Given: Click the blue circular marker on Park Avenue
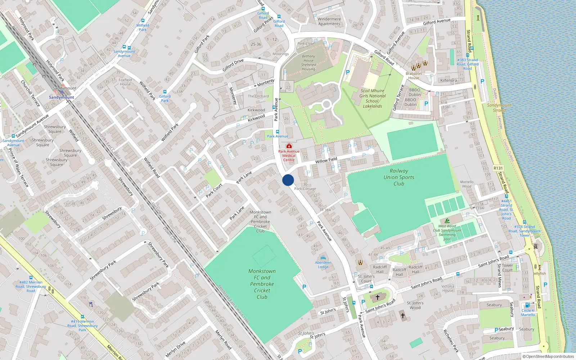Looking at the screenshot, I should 288,180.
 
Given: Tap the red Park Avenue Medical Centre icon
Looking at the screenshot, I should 289,146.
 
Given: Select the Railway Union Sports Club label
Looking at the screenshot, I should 399,177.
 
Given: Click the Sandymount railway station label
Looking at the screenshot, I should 62,97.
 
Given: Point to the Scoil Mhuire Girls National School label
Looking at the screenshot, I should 372,98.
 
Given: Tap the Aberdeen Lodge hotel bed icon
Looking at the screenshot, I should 323,258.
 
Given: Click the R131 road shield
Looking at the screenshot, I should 498,168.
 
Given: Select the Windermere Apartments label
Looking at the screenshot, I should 329,21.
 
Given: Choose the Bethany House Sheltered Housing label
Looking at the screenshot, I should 309,63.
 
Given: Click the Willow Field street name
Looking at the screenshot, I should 326,160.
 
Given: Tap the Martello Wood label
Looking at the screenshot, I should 467,184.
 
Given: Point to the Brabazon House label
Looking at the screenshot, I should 414,76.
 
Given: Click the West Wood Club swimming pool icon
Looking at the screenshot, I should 447,221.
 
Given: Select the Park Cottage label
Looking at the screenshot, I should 305,189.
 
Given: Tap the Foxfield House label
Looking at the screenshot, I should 125,82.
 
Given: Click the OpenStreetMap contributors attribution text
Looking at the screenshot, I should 548,356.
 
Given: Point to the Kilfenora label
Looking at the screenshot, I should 449,80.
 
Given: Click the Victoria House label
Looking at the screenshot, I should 448,288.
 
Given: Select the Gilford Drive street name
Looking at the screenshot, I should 233,65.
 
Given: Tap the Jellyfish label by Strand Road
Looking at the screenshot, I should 539,273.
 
